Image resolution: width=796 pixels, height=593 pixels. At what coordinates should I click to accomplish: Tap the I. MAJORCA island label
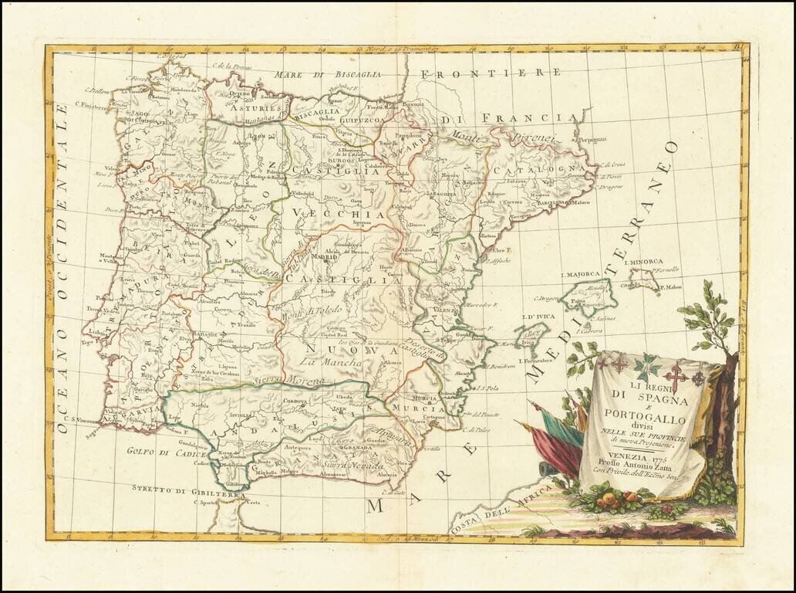tap(580, 274)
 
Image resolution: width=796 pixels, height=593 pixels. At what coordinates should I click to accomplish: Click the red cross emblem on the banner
tap(676, 378)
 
